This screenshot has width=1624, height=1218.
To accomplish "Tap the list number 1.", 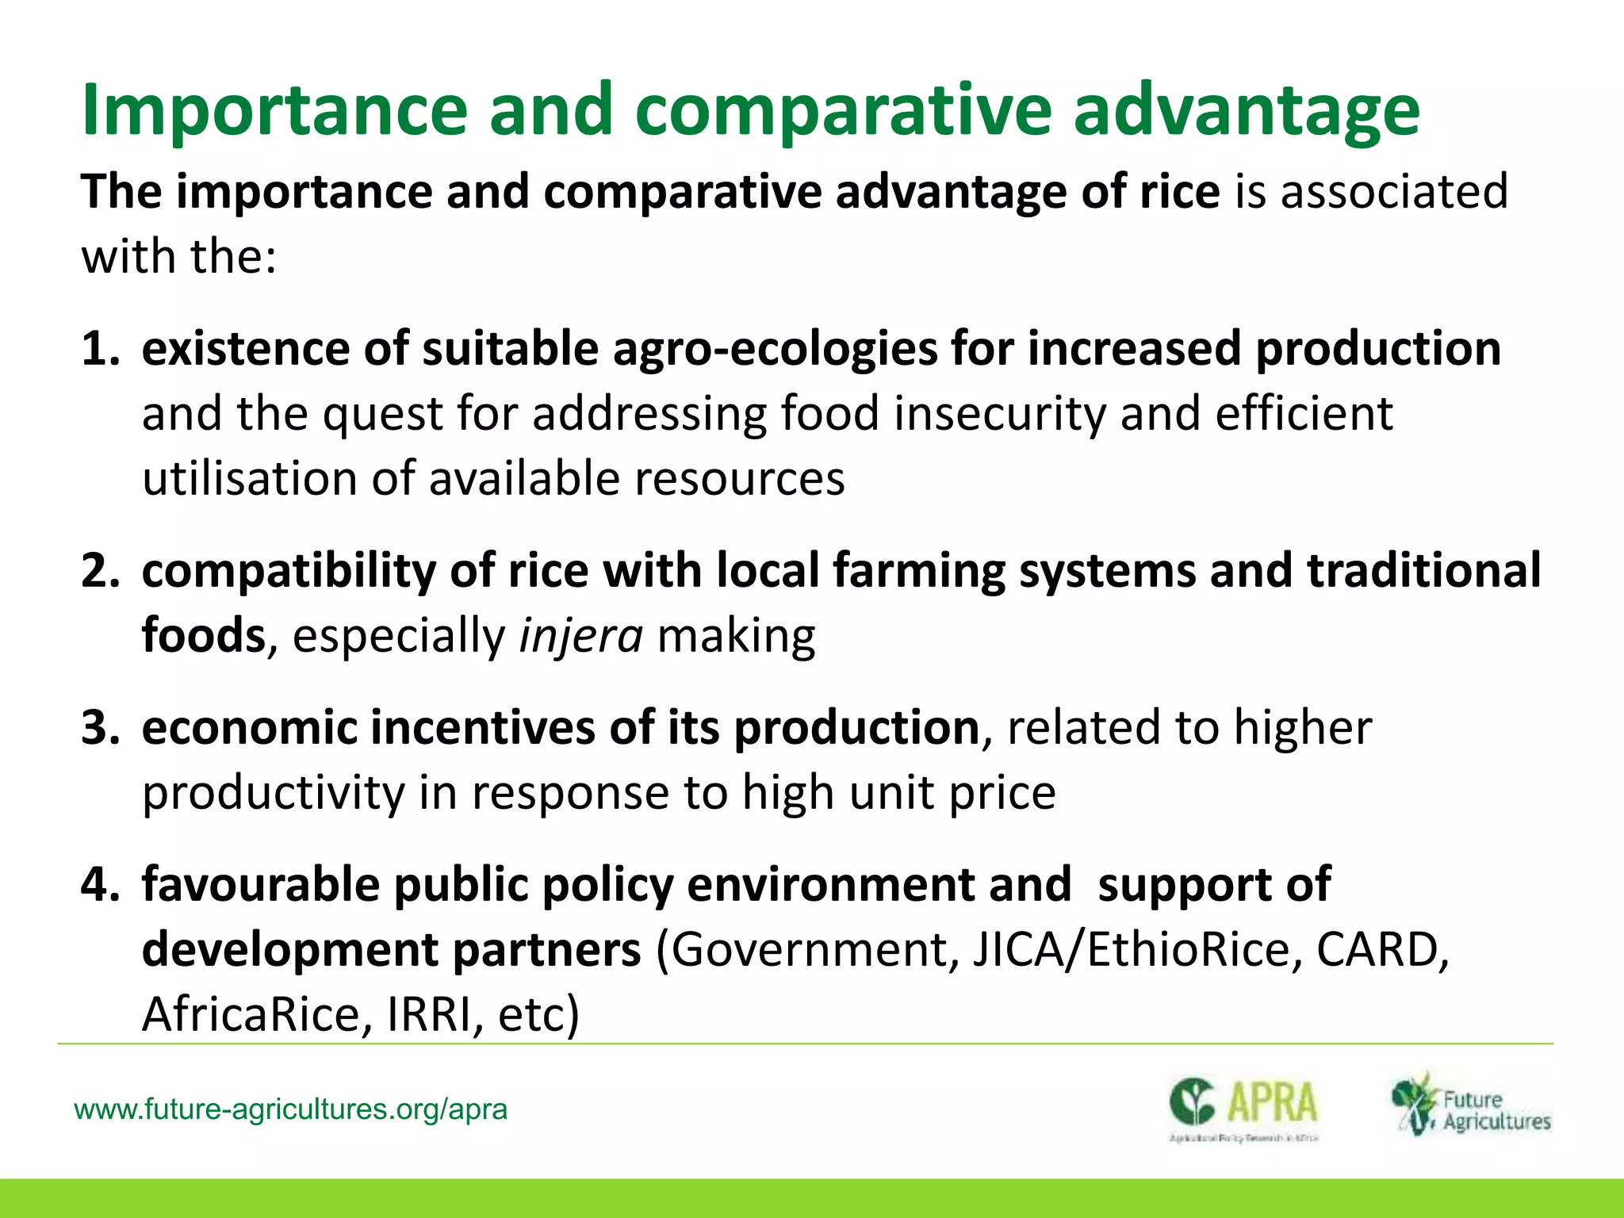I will pos(99,349).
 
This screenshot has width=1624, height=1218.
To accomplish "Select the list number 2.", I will pos(99,571).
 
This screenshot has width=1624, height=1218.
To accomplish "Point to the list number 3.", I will pos(99,728).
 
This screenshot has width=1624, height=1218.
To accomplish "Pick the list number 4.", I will pos(99,884).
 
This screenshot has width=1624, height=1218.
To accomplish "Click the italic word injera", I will pos(580,636).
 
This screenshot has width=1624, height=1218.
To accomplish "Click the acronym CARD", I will pos(1377,950).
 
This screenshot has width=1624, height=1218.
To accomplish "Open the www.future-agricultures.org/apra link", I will pos(290,1109).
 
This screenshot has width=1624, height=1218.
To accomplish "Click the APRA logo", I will pos(1243,1107).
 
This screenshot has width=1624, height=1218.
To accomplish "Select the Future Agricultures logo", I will pos(1471,1105).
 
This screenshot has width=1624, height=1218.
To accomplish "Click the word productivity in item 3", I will pos(273,793).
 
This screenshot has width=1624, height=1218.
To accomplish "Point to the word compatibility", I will pos(289,571).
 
